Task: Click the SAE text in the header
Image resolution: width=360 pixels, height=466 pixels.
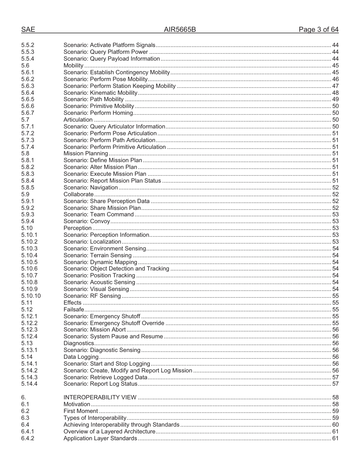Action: click(x=28, y=30)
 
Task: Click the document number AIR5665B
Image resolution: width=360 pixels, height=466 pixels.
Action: click(x=180, y=30)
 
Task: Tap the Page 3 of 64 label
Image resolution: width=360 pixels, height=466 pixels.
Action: click(x=318, y=30)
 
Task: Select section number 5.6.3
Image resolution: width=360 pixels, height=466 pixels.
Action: click(x=28, y=86)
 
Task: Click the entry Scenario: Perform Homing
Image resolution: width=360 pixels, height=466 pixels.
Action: click(x=98, y=113)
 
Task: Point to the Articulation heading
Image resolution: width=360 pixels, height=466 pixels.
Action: click(x=78, y=120)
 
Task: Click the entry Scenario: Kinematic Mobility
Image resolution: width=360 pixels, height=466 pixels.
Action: click(x=100, y=93)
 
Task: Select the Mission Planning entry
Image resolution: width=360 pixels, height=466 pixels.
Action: click(x=86, y=153)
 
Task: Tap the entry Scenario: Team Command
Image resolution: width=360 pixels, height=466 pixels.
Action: click(x=99, y=214)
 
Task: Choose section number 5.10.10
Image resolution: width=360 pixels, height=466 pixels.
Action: click(x=31, y=296)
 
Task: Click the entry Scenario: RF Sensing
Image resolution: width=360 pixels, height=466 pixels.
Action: click(x=92, y=296)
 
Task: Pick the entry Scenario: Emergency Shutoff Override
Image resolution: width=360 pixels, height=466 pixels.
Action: click(x=114, y=323)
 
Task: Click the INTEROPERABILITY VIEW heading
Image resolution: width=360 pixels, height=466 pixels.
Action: click(x=100, y=397)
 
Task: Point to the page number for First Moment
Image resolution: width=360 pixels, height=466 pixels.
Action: click(x=335, y=411)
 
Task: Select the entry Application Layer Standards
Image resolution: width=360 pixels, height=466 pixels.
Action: click(x=100, y=438)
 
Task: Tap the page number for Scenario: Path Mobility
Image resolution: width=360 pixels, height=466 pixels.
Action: click(x=335, y=100)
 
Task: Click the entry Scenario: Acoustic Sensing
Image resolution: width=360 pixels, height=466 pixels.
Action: click(x=99, y=282)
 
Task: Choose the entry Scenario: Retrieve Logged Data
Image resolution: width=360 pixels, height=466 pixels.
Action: click(x=105, y=377)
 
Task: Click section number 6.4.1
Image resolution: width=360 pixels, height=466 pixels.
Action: click(x=28, y=432)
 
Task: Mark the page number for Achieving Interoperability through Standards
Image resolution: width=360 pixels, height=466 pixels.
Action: click(x=335, y=425)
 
